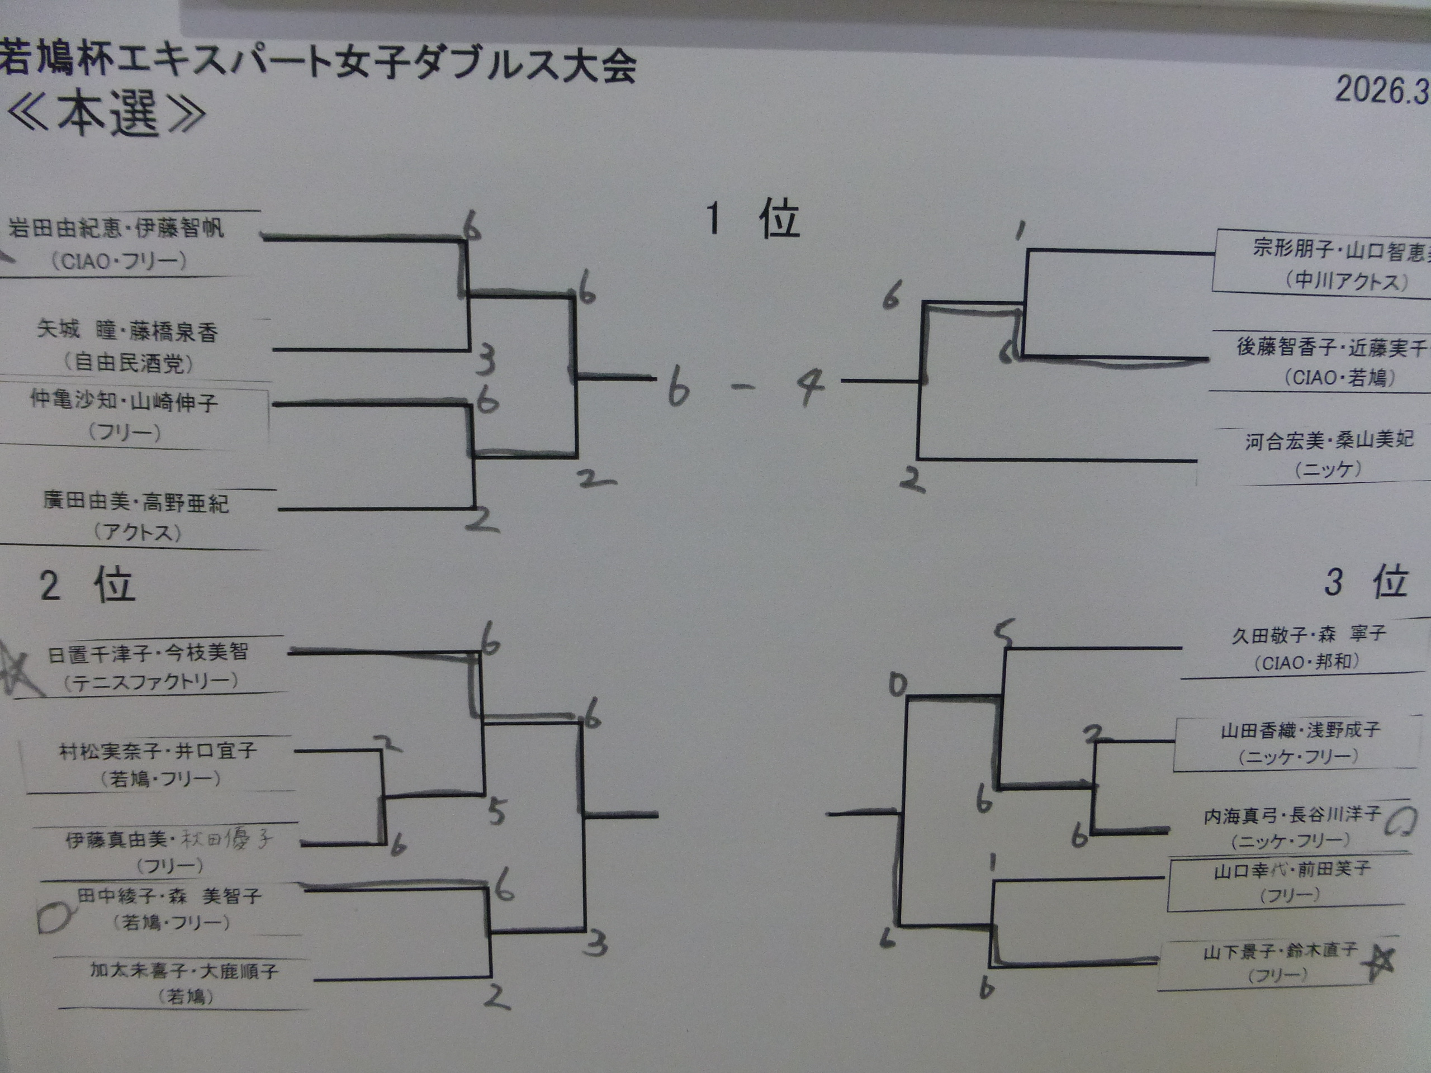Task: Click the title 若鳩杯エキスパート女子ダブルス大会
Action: (x=317, y=65)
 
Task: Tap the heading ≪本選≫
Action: (x=107, y=113)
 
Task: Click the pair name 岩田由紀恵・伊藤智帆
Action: (x=116, y=227)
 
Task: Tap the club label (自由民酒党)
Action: (x=129, y=362)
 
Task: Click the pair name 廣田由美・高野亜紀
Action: (x=136, y=502)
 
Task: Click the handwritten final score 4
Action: (x=809, y=386)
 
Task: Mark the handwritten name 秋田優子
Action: (x=226, y=839)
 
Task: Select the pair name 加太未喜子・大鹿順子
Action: (x=184, y=971)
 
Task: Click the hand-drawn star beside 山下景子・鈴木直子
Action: (x=1378, y=962)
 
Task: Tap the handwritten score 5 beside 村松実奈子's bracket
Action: (x=496, y=811)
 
